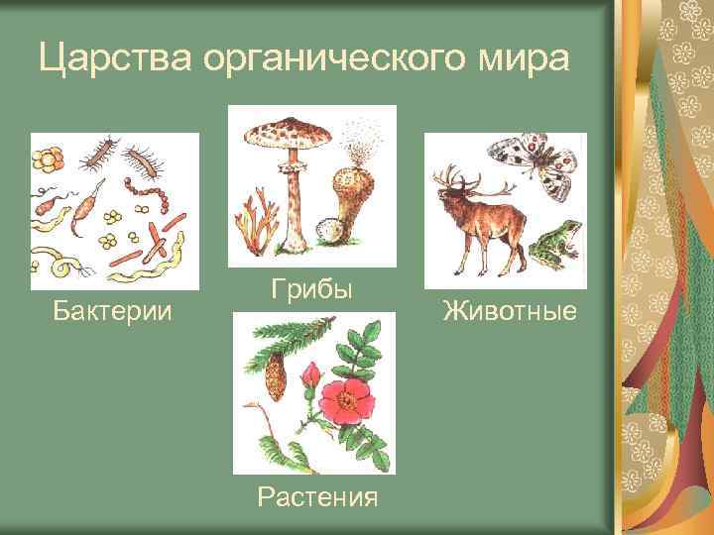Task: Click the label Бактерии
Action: [x=113, y=312]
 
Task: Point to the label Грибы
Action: [x=311, y=290]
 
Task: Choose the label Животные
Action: [x=510, y=312]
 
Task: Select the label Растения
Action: [x=316, y=495]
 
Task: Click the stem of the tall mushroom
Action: [x=294, y=208]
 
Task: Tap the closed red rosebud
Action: [x=310, y=376]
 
